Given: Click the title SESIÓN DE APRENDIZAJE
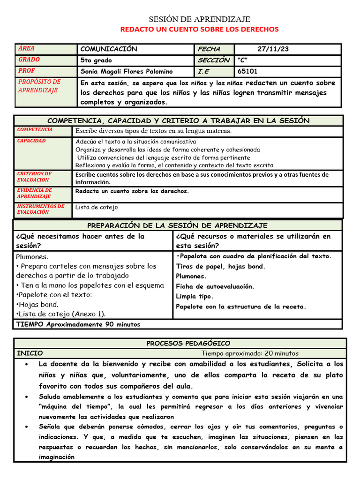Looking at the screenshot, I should click(199, 19).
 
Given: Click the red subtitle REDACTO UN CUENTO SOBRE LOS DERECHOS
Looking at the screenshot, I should click(199, 29).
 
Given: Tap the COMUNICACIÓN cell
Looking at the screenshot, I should click(109, 49).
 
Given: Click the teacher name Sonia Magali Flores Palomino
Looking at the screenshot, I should click(127, 72).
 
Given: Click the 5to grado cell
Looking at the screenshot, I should click(96, 60).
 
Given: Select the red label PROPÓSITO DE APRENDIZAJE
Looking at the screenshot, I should click(39, 86).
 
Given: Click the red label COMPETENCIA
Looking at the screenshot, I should click(35, 130).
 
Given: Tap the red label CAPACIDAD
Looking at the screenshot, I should click(31, 141).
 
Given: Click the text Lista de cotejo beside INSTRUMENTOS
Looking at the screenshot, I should click(97, 207).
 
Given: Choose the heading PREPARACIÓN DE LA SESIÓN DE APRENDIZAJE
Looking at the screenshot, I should click(177, 225).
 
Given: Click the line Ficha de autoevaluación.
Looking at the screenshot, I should click(215, 286).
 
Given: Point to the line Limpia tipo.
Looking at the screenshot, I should click(195, 296).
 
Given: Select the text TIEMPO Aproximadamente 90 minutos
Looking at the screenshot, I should click(78, 324).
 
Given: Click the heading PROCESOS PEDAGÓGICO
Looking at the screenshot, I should click(188, 344).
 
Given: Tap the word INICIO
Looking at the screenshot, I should click(30, 353).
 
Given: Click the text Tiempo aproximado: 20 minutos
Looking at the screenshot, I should click(250, 353).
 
